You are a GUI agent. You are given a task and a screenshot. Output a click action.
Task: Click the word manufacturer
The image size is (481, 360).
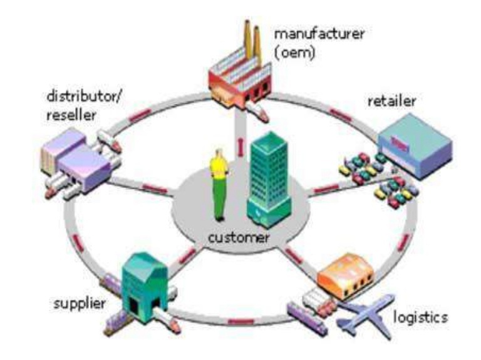click(x=319, y=34)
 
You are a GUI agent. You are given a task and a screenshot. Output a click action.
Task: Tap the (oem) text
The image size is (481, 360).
click(x=294, y=52)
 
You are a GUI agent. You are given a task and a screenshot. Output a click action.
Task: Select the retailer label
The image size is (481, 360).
click(x=392, y=101)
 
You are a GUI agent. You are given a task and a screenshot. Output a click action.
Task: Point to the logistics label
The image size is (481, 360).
click(x=420, y=317)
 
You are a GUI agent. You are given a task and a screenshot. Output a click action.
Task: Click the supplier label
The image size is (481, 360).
click(x=80, y=304)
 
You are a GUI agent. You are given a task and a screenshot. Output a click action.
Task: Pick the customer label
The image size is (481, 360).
click(x=239, y=237)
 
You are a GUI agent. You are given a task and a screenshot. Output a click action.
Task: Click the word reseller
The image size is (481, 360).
click(x=71, y=116)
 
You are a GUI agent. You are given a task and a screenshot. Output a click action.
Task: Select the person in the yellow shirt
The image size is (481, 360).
click(x=220, y=184)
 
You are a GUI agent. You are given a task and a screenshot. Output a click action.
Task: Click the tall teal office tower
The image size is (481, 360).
click(x=268, y=180)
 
